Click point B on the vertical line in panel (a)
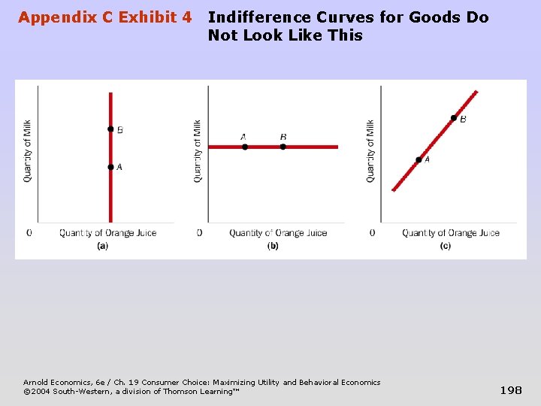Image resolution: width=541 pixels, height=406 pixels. coord(110,129)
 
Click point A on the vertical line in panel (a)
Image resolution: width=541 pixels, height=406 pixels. coord(110,167)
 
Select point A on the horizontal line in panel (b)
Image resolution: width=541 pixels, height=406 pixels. coord(245,147)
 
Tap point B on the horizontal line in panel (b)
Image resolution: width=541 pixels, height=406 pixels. coord(283,147)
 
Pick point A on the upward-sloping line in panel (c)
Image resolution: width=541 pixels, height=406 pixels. coord(419,159)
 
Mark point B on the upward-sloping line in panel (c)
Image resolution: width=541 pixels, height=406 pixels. coord(453,117)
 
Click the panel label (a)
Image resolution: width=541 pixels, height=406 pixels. coord(103,246)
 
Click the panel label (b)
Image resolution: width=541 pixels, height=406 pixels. coord(273,246)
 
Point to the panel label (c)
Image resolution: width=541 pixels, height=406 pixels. coord(446,246)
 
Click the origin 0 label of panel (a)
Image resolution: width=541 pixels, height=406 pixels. coord(29,233)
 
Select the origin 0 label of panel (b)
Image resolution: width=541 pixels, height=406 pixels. coord(199,233)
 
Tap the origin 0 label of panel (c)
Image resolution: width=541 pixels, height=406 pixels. coord(373,233)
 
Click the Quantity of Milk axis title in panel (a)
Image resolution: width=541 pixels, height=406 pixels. coord(28,150)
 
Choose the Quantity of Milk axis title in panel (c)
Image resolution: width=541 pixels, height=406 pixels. coord(370,150)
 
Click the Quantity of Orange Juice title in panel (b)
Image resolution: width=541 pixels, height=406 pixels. coord(278,233)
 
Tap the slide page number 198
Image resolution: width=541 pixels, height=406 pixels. coord(511,389)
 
